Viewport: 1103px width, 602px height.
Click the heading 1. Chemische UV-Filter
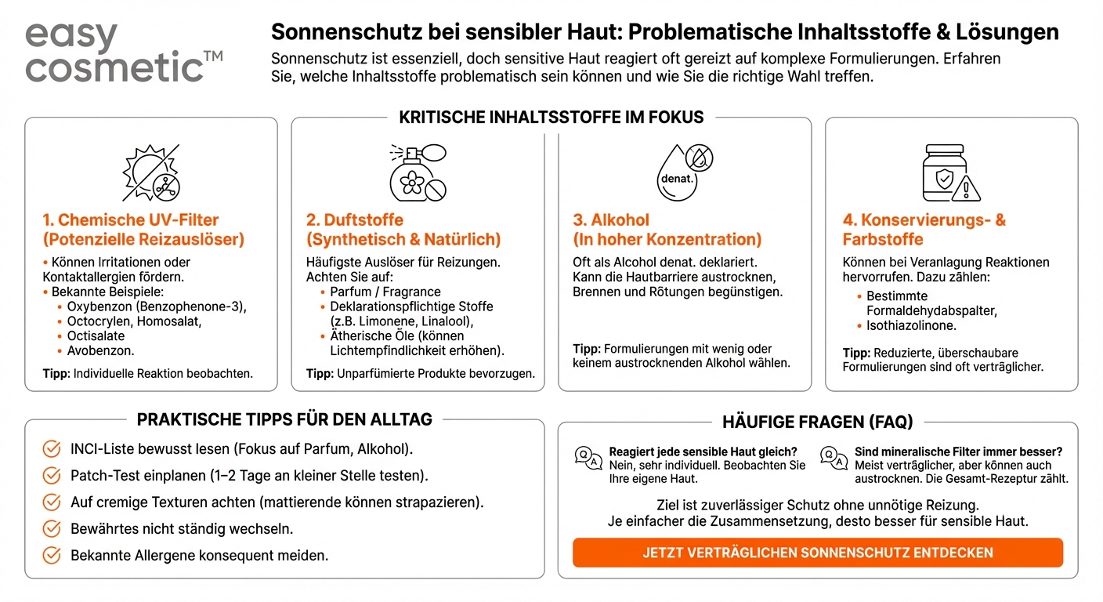143,230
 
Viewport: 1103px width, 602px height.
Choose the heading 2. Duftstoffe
403,230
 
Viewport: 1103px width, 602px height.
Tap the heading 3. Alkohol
667,230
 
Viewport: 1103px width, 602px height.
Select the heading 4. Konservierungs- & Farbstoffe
924,230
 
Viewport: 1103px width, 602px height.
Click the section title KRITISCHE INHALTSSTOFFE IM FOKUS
551,118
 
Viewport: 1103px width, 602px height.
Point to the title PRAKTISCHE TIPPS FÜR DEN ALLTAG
284,419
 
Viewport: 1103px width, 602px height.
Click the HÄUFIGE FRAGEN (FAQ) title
817,422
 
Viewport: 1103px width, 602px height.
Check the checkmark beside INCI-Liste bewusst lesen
52,449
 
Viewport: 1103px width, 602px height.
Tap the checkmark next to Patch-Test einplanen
52,476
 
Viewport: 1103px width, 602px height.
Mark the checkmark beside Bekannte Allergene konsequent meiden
52,556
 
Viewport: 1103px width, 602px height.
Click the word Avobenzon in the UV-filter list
100,351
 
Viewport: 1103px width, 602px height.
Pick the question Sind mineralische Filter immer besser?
958,452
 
